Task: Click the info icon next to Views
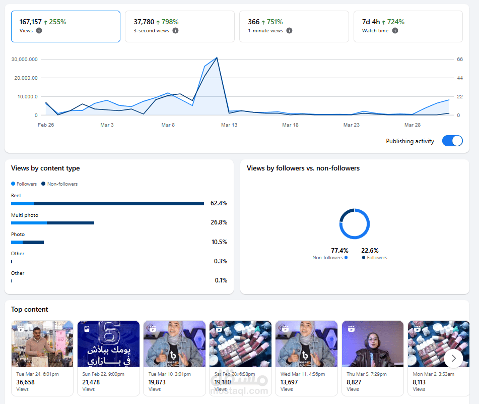click(x=39, y=31)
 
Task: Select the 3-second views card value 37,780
click(x=144, y=22)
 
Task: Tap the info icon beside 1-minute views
click(x=289, y=31)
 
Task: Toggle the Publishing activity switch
click(x=452, y=141)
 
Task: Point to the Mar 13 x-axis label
click(x=229, y=125)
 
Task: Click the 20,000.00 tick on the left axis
click(x=26, y=78)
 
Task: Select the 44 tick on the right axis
click(x=460, y=78)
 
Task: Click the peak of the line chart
click(x=217, y=57)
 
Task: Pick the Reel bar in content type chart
click(x=107, y=203)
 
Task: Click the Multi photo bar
click(x=52, y=223)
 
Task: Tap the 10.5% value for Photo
click(x=219, y=242)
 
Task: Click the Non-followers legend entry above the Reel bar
click(x=59, y=184)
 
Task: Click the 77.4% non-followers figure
click(x=339, y=251)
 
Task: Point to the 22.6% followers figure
click(x=370, y=251)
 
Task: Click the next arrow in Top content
click(x=454, y=359)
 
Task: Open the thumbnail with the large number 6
click(x=108, y=344)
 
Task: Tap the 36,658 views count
click(x=25, y=382)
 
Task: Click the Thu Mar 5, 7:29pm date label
click(x=367, y=374)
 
